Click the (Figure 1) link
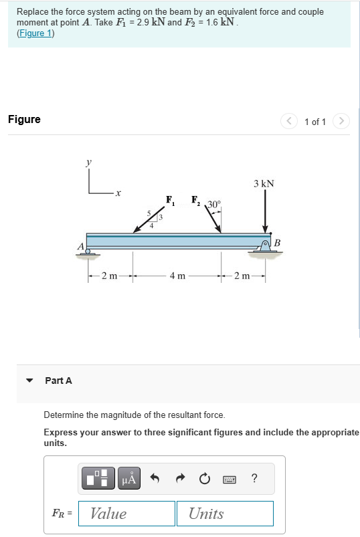coord(35,33)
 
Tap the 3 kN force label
coord(264,183)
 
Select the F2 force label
coord(196,199)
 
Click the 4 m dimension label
coord(177,276)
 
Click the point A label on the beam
coord(80,246)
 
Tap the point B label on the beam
coord(278,241)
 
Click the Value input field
coord(126,514)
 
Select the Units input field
coord(225,514)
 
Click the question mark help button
coord(254,478)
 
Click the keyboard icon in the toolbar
coord(229,479)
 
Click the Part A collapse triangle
coord(29,381)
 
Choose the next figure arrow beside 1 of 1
coord(341,121)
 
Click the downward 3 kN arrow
coord(265,211)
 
